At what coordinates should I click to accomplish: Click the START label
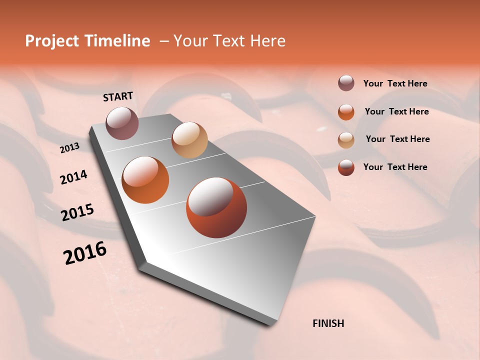click(x=118, y=96)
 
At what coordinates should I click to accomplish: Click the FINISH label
click(x=328, y=323)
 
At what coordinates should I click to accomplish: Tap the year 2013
click(x=69, y=148)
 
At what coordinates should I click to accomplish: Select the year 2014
click(x=73, y=177)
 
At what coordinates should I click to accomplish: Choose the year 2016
click(x=85, y=253)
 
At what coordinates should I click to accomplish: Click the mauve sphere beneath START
click(x=122, y=123)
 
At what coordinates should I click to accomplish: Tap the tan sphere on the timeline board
click(x=189, y=140)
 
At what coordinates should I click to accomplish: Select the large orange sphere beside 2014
click(x=145, y=180)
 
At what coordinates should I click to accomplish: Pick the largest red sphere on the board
click(x=216, y=207)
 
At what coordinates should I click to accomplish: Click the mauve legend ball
click(x=346, y=83)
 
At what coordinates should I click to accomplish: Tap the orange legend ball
click(x=346, y=111)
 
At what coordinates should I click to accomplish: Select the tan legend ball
click(x=346, y=139)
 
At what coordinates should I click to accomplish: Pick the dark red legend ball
click(x=346, y=167)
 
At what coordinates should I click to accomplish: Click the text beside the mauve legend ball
click(x=395, y=84)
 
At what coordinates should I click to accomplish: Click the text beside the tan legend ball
click(x=397, y=139)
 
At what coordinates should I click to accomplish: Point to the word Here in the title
click(x=267, y=41)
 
